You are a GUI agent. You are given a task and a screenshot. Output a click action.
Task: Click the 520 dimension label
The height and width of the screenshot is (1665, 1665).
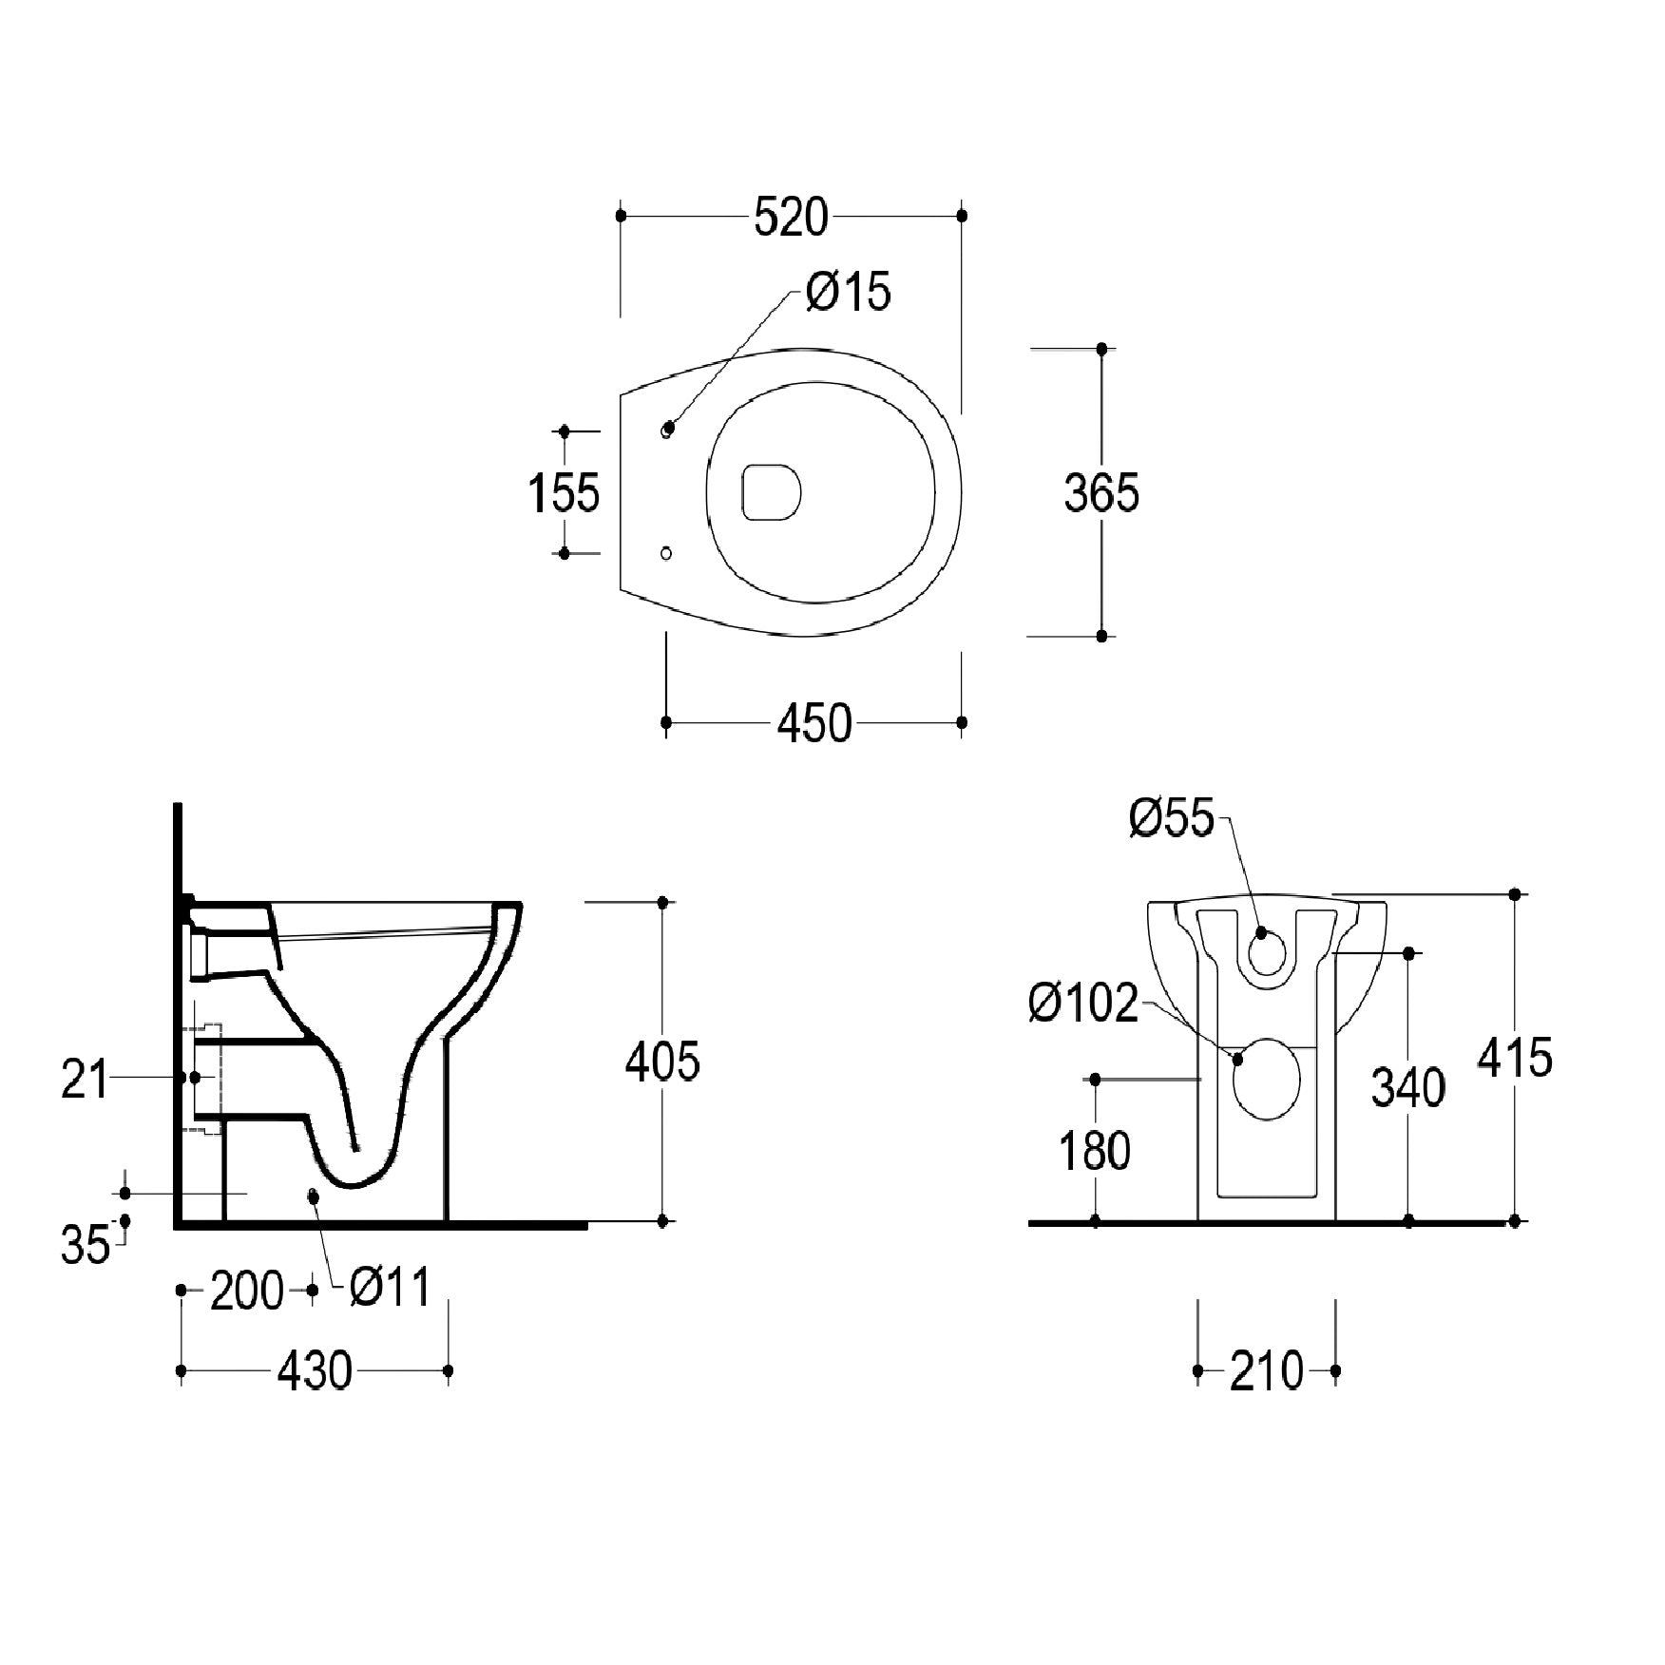coord(791,218)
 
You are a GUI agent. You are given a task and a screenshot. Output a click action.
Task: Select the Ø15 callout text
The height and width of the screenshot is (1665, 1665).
coord(849,292)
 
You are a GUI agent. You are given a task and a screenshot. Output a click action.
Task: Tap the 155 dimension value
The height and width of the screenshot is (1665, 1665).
coord(564,492)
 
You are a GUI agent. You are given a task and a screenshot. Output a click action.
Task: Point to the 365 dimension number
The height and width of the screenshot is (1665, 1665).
coord(1101,493)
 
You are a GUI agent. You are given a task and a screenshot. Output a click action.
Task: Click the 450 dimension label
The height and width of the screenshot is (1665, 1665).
coord(814,724)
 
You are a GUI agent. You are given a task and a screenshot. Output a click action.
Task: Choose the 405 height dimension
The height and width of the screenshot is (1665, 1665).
coord(662,1061)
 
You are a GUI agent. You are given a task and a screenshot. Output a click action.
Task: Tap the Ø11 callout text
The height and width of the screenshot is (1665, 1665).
coord(390,1288)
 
